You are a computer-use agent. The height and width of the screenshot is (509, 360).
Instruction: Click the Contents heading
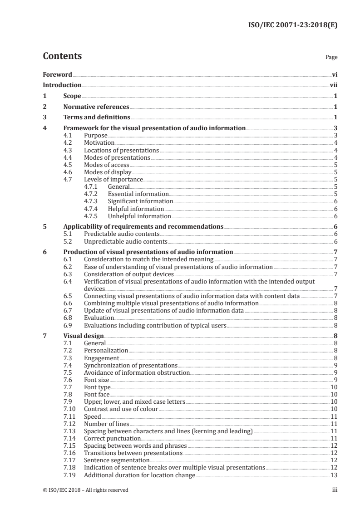click(62, 56)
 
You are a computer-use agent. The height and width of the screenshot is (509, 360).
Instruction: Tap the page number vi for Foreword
click(334, 74)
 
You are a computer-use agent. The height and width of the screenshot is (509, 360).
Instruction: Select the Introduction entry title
click(62, 85)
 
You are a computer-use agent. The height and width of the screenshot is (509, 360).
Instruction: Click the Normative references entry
click(96, 107)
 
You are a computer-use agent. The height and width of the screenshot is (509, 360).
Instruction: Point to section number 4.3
click(69, 150)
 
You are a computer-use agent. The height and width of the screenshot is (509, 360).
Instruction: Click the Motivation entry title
click(99, 142)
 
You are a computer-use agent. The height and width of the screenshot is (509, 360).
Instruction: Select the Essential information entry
click(132, 194)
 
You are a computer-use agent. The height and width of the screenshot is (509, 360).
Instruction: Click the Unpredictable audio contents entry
click(126, 241)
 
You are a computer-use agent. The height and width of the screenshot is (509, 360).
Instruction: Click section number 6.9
click(69, 325)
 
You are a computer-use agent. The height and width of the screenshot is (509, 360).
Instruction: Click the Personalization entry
click(106, 351)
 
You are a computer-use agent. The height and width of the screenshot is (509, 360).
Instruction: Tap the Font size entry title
click(97, 380)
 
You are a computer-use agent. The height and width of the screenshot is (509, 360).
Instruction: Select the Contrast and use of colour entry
click(121, 409)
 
